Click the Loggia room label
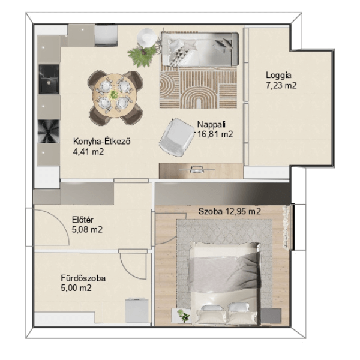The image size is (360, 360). tap(278, 76)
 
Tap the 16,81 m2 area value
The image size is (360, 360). tap(215, 134)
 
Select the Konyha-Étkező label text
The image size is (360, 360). tap(102, 141)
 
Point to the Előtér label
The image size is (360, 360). tap(83, 220)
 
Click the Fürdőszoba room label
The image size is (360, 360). tap(83, 278)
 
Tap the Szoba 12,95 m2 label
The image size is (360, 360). tap(230, 211)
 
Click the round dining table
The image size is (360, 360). tap(115, 95)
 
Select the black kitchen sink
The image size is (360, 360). tap(49, 79)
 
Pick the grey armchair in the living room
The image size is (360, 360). tap(176, 137)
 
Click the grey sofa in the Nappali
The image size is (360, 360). tap(199, 49)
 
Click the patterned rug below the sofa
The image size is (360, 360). tap(198, 87)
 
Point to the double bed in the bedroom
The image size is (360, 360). tap(225, 284)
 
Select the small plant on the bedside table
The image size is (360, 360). tap(184, 316)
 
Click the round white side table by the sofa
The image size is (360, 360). tap(146, 38)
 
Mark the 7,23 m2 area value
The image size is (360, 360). tap(281, 85)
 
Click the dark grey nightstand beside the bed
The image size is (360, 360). tap(271, 316)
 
